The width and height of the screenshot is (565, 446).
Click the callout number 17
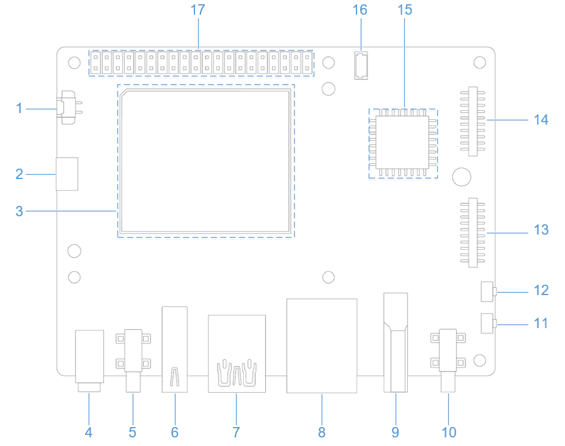point(198,10)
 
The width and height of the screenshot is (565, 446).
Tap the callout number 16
point(360,10)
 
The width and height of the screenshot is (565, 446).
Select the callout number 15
point(405,10)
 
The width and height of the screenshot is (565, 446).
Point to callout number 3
point(20,211)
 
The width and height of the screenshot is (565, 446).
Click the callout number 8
point(322,433)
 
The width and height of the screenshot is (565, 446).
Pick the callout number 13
point(541,230)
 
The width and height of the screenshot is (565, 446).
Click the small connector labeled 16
point(361,65)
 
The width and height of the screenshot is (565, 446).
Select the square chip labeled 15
point(403,143)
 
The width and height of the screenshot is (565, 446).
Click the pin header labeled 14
point(473,122)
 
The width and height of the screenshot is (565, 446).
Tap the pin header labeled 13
point(473,233)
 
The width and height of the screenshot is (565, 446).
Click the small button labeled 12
point(488,291)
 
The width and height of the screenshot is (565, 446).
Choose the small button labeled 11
point(488,323)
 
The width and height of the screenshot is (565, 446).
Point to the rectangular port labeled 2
point(67,174)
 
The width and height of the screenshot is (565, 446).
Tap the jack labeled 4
point(89,360)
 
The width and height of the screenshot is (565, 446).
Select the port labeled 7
point(237,354)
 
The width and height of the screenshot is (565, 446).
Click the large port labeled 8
point(322,346)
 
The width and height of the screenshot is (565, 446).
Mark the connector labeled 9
point(396,342)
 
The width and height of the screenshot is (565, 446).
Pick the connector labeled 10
point(448,360)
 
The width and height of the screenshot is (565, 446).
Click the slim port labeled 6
point(175,349)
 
